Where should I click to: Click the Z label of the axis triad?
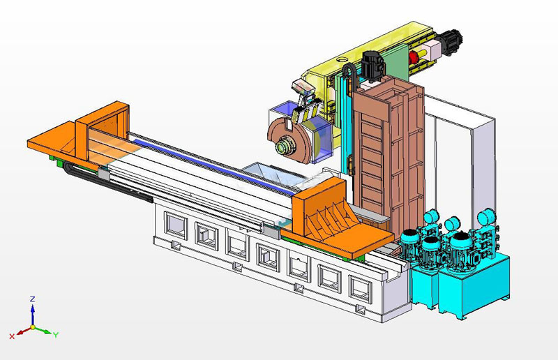(32, 299)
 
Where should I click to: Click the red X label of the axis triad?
(12, 336)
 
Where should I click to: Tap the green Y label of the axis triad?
(56, 335)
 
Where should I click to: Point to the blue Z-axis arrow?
(33, 315)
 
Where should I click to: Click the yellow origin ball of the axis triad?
(33, 327)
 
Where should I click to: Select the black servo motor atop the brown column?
(372, 66)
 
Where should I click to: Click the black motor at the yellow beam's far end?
(451, 41)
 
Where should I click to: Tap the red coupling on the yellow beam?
(414, 57)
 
